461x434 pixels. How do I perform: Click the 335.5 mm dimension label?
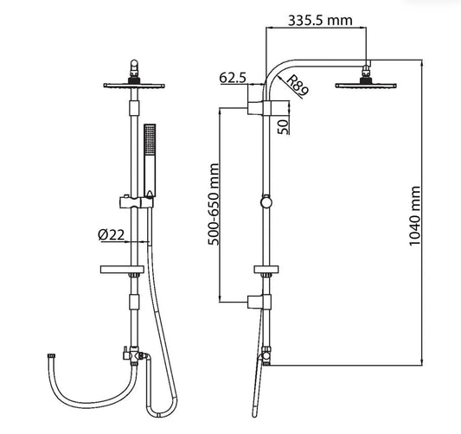tap(320, 21)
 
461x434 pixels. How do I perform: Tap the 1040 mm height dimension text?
tap(415, 216)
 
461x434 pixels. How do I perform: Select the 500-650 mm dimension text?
tap(214, 204)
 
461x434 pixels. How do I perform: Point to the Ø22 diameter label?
tap(111, 235)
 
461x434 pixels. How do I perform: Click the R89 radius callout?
tap(297, 86)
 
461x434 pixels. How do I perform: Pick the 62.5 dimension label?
tap(233, 78)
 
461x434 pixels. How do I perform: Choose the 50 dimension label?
tap(284, 127)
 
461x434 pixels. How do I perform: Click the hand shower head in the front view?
tap(150, 160)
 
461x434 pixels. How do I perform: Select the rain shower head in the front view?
tap(134, 86)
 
